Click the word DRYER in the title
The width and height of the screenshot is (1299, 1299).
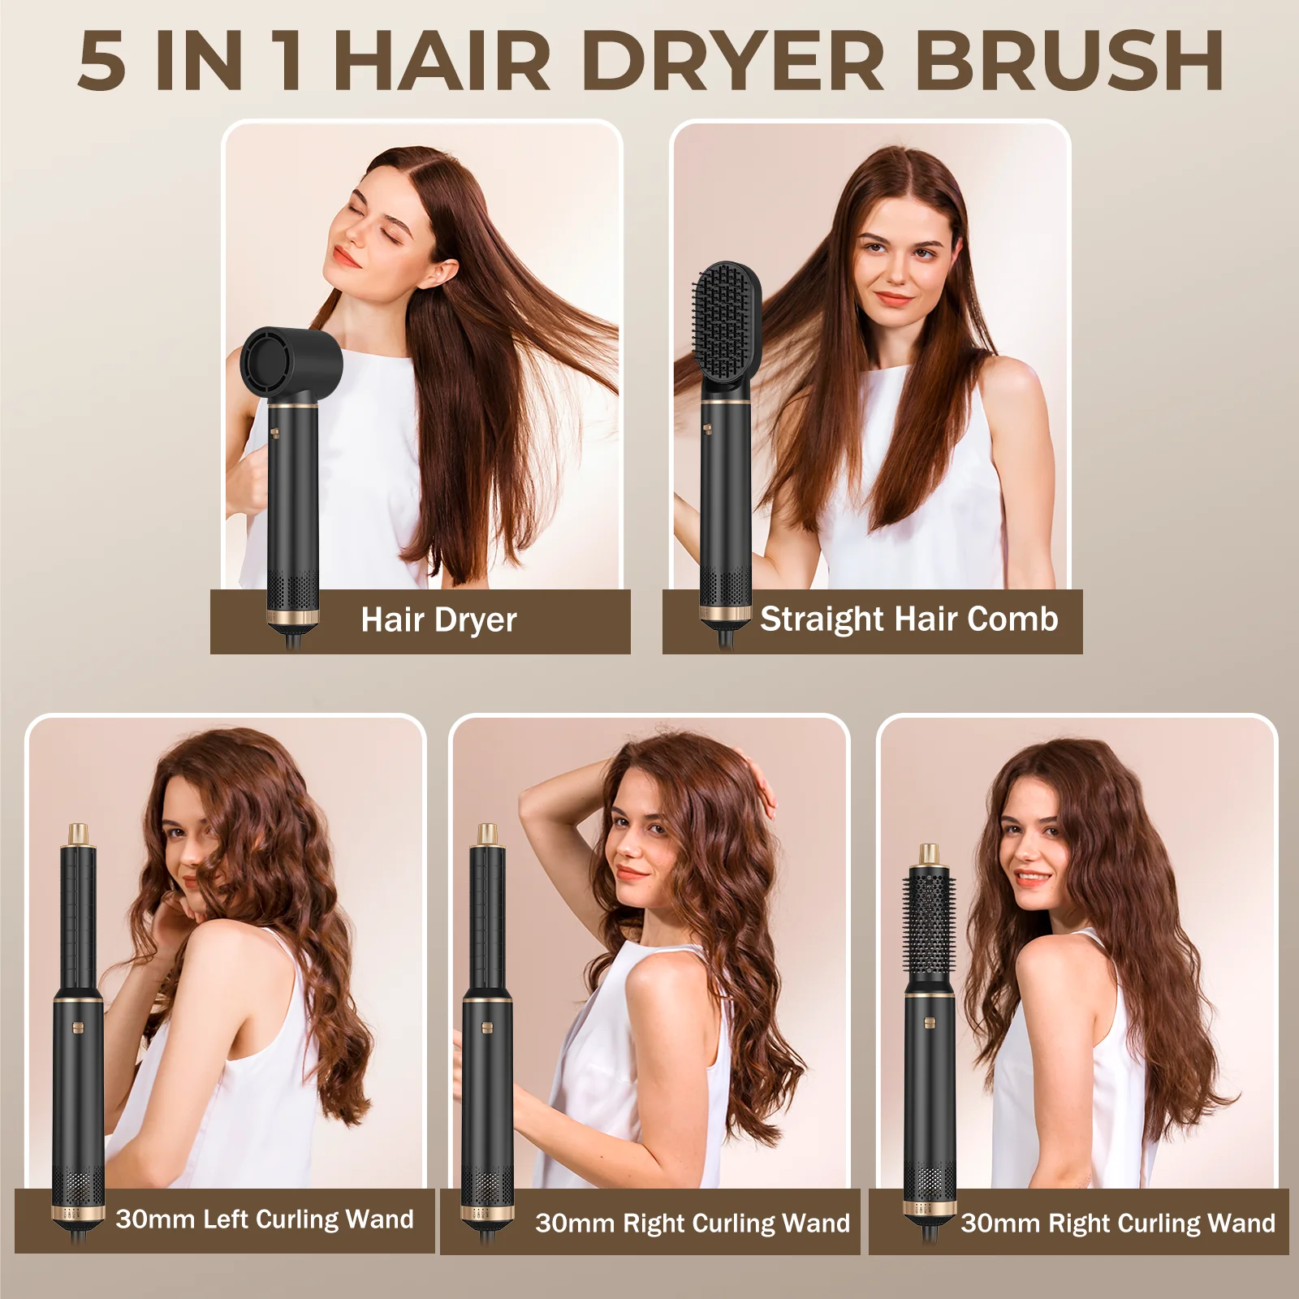(732, 61)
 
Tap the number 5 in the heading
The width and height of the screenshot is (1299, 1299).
(102, 63)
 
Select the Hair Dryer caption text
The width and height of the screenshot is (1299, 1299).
(438, 620)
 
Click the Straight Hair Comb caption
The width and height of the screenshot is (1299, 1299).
(908, 619)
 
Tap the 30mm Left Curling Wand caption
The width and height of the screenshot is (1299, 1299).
(264, 1219)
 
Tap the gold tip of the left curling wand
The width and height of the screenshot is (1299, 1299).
(79, 835)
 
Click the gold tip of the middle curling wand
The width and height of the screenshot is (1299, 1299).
(487, 835)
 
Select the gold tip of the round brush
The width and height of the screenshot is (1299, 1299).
(929, 855)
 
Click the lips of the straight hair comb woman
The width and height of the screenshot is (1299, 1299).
(893, 298)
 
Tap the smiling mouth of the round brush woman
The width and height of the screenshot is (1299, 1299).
(1031, 878)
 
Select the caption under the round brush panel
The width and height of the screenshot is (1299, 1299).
(1117, 1223)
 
